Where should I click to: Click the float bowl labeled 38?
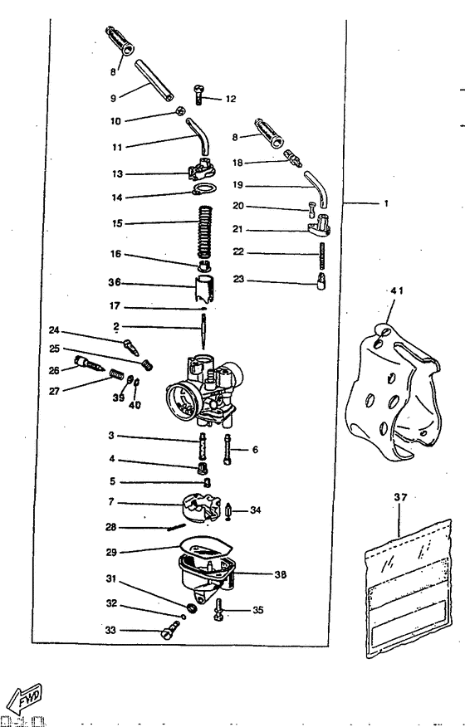[205, 576]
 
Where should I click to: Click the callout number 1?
[385, 202]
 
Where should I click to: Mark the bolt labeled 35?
[218, 610]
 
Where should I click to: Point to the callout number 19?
[237, 186]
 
